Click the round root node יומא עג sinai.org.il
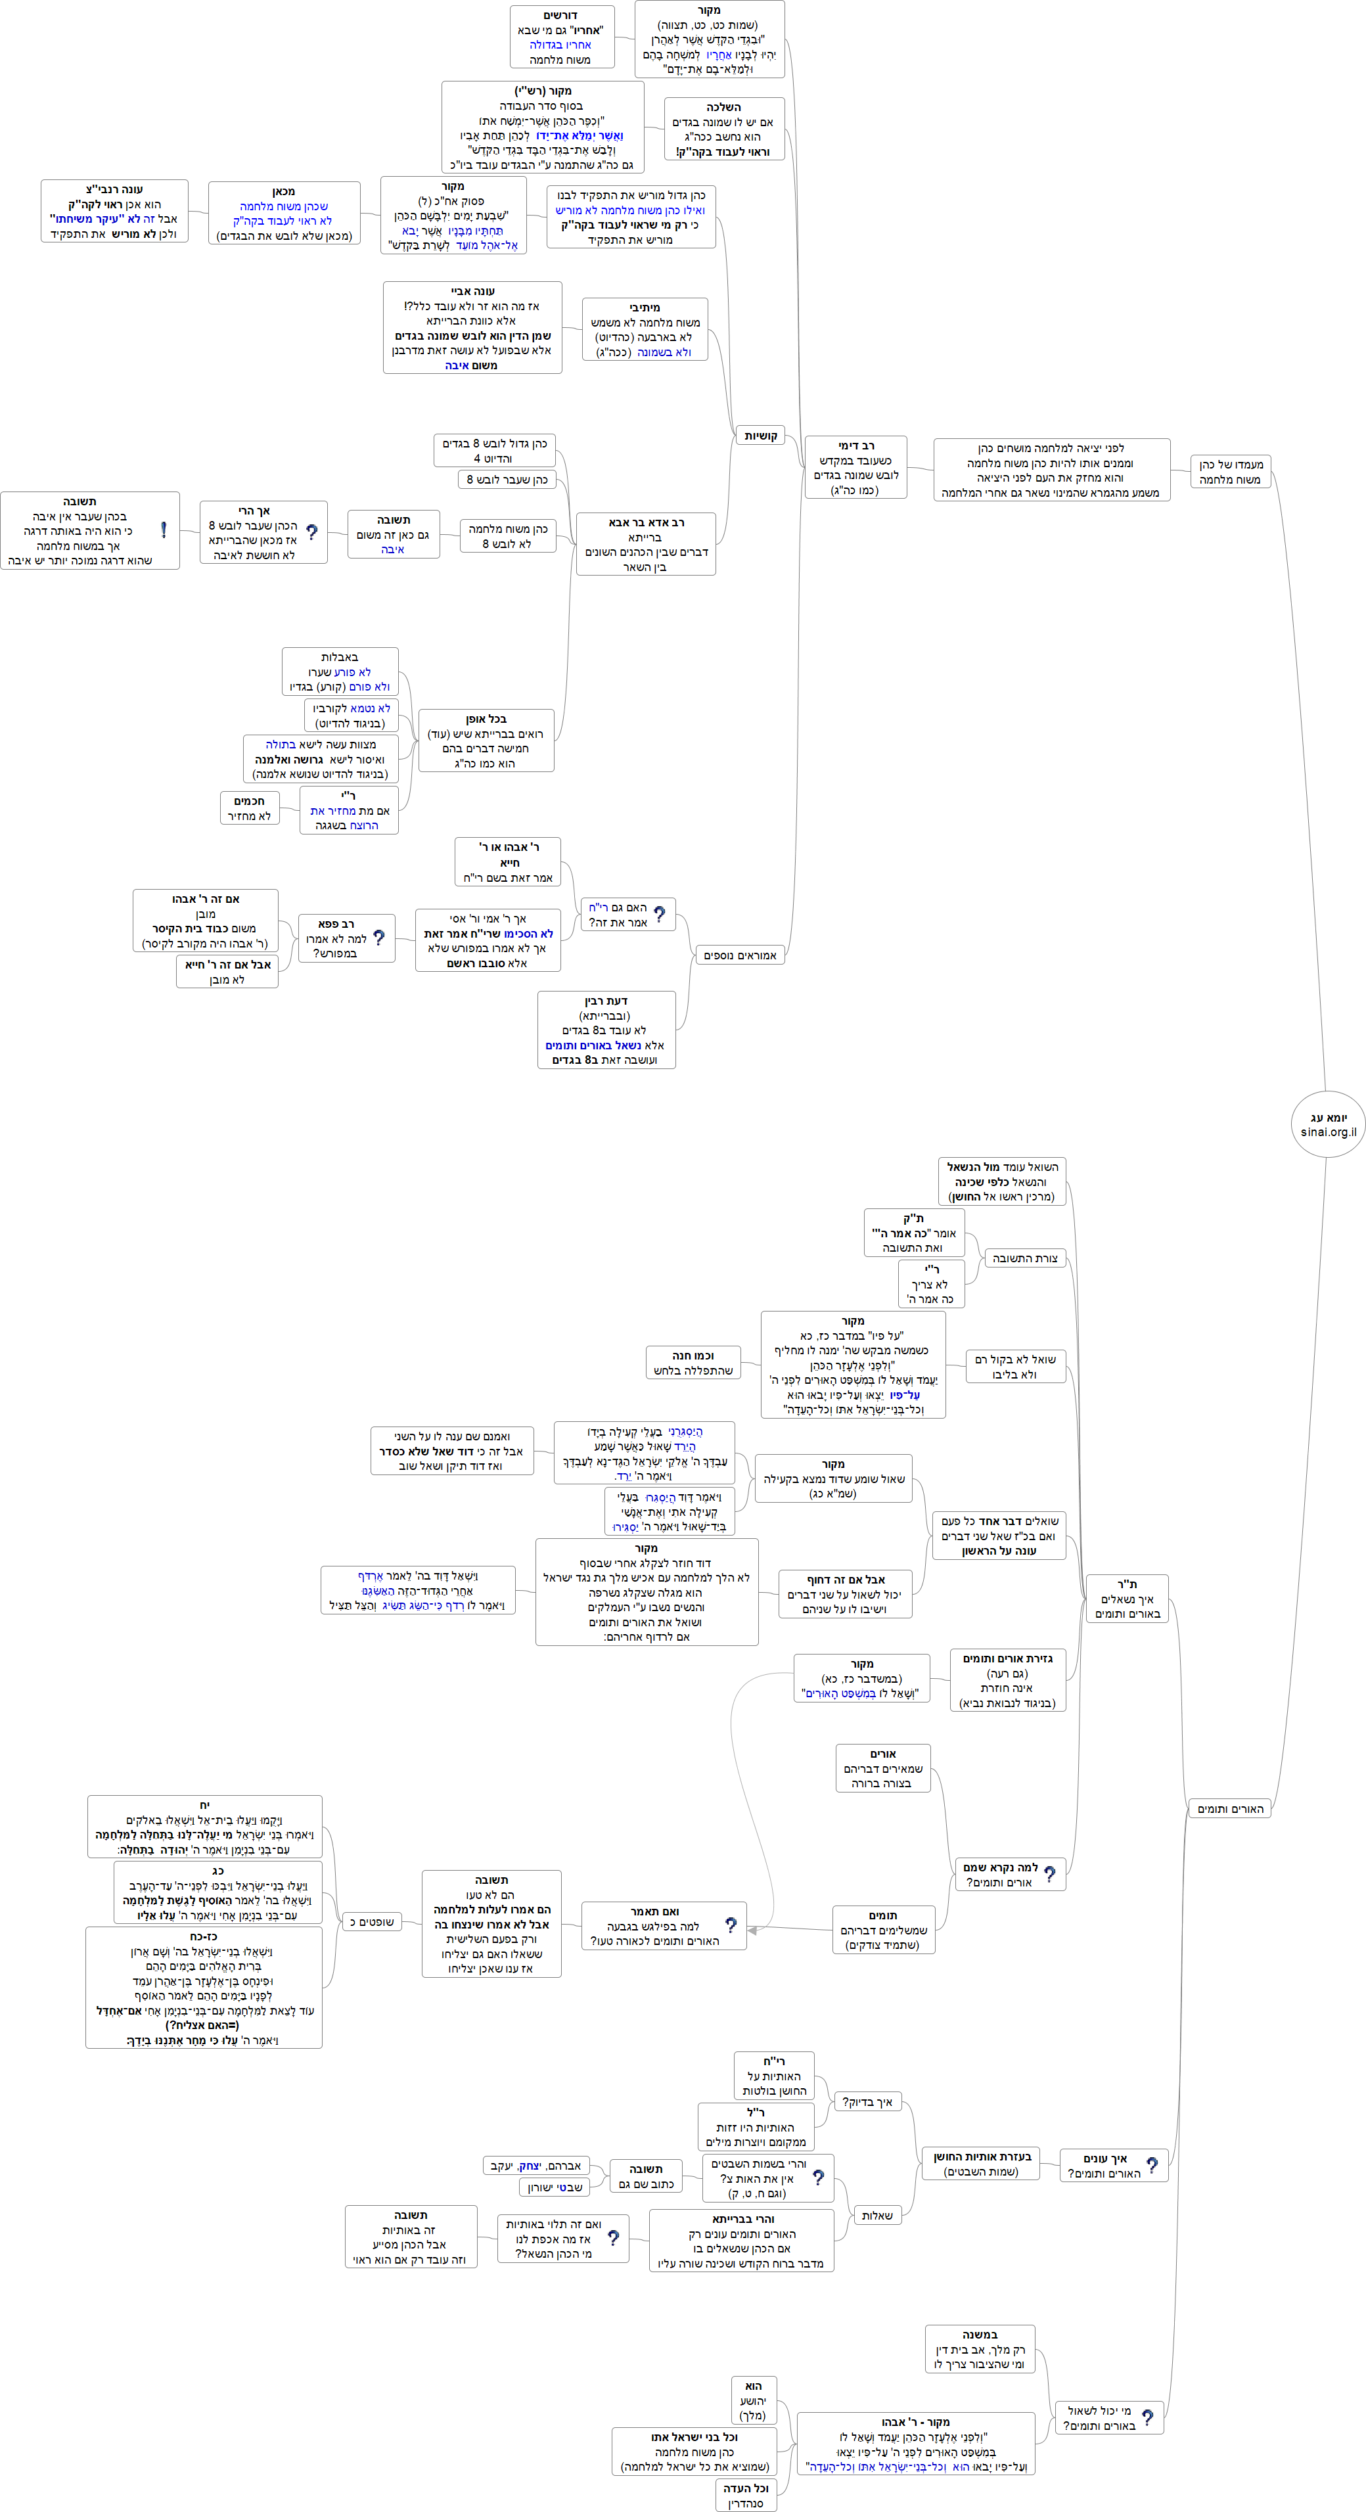click(1327, 1124)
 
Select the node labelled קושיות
click(760, 436)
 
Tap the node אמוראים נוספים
click(740, 955)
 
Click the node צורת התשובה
click(1025, 1258)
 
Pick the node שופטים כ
click(371, 1922)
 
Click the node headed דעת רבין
click(606, 1030)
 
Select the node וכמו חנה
click(693, 1362)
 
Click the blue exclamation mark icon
click(163, 530)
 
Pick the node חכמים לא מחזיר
click(248, 808)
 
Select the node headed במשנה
click(980, 2349)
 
